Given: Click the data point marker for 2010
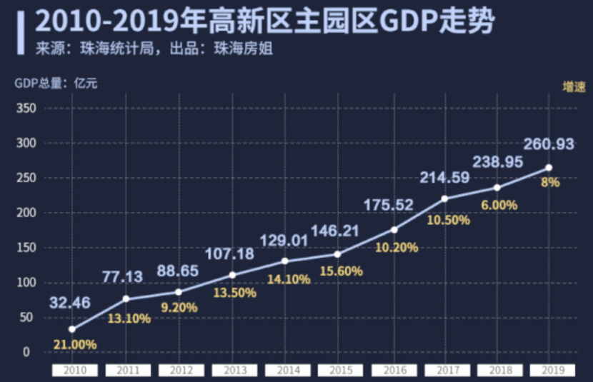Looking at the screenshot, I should tap(72, 329).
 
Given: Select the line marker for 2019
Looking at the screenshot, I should tap(549, 168).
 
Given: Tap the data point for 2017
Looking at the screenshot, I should tap(444, 198).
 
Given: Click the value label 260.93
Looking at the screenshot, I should tap(549, 145).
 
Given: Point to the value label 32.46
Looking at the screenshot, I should tap(70, 303).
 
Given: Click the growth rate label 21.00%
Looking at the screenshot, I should tap(75, 344).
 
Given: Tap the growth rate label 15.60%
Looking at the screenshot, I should tap(342, 271).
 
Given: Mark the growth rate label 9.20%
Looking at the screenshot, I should tap(178, 307).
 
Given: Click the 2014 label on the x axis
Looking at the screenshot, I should tap(286, 371).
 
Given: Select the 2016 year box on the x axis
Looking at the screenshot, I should tap(392, 371).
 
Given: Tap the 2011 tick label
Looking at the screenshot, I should tap(128, 371).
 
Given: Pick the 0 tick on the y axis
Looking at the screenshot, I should tap(26, 352).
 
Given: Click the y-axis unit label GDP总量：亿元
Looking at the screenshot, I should tap(56, 82).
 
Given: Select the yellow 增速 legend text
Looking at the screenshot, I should tap(574, 86).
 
